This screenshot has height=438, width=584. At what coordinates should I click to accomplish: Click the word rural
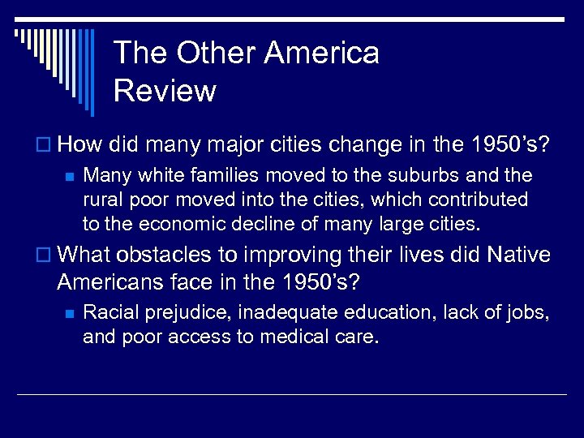tap(101, 199)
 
